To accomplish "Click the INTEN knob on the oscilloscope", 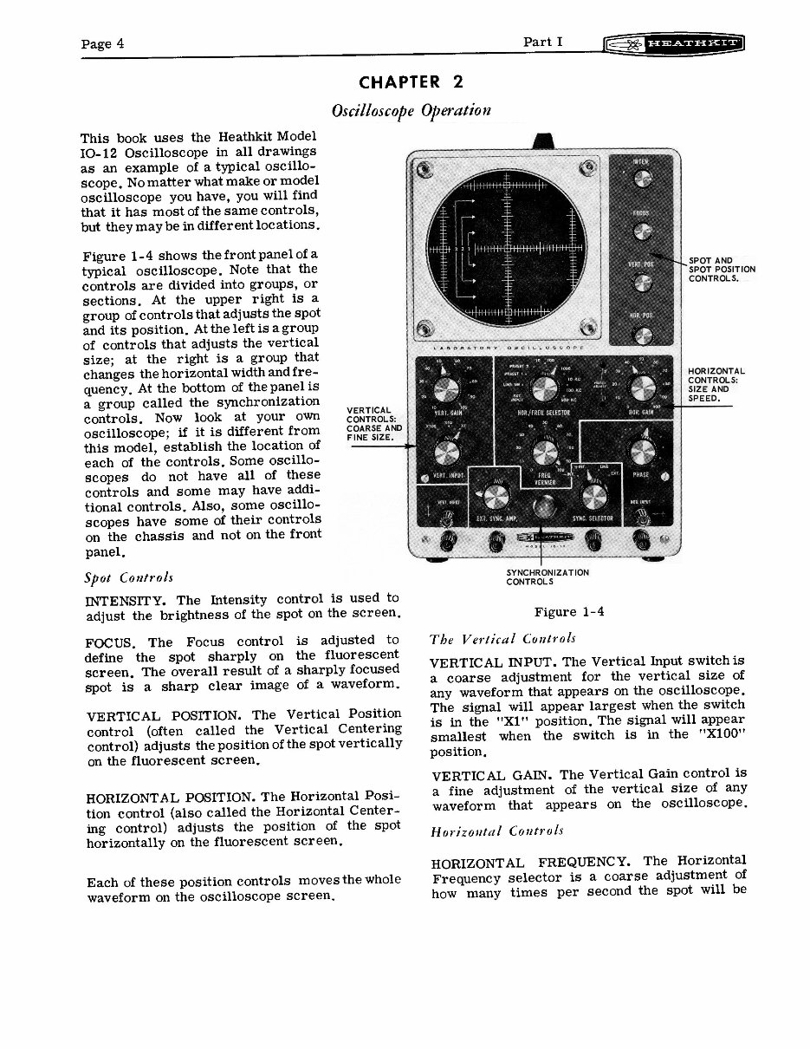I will [x=642, y=179].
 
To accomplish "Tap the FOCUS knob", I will [x=642, y=230].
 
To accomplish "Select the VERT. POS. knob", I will [x=642, y=283].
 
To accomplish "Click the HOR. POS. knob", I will [x=642, y=336].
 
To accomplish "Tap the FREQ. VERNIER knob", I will [x=545, y=453].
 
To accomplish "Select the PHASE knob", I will [x=643, y=453].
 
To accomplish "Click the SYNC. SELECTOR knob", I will [x=594, y=498].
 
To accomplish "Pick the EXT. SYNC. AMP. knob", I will [x=496, y=498].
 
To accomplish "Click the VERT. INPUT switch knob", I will [x=448, y=453].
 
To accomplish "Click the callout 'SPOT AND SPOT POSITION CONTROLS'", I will [x=721, y=269].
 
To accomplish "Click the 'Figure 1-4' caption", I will [x=568, y=612].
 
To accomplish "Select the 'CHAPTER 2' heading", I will [x=411, y=83].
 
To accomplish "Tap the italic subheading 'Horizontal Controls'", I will [x=496, y=831].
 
